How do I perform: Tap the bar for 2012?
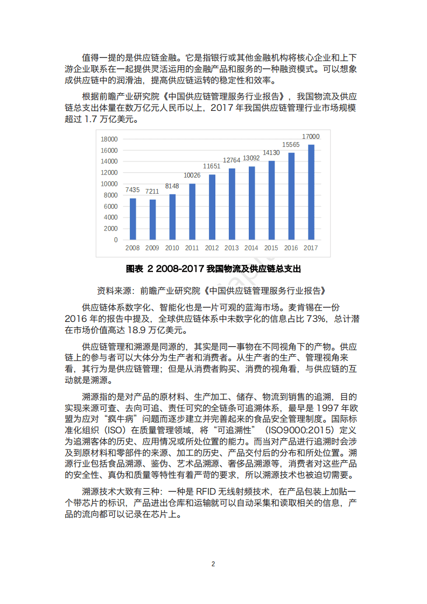click(212, 207)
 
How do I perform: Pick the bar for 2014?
click(251, 203)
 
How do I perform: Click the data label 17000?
click(311, 137)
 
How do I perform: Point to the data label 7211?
click(152, 192)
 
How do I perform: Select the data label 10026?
click(192, 175)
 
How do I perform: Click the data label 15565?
click(291, 145)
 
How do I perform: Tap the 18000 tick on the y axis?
click(109, 138)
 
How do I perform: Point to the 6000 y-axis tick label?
click(111, 206)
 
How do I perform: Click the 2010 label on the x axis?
click(172, 248)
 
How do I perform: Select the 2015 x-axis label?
click(271, 248)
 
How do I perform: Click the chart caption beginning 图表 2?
click(213, 268)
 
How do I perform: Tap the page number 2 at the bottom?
click(213, 564)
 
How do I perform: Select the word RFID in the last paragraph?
click(208, 491)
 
